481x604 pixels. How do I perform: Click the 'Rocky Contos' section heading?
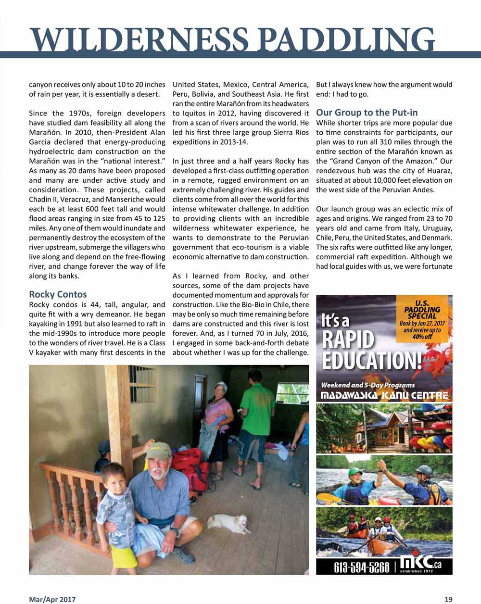[58, 294]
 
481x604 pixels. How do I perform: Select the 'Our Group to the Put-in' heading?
[367, 113]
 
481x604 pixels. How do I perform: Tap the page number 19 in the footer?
[448, 599]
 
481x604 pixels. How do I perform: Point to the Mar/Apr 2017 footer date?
[52, 599]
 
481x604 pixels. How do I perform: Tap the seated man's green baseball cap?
[158, 451]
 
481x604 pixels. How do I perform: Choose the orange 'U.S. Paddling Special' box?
[422, 320]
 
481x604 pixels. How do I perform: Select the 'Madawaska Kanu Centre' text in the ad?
[384, 396]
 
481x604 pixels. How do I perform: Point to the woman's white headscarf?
[221, 385]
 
